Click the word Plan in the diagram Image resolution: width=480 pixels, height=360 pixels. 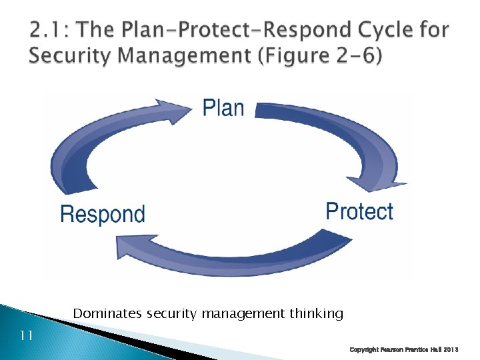coord(223,107)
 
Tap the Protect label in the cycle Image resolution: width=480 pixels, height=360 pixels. coord(359,212)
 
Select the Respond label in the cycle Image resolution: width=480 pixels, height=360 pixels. coord(102,215)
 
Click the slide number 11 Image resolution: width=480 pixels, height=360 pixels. coord(26,335)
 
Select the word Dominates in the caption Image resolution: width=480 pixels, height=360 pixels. coord(107,313)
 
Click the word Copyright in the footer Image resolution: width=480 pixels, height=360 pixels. coord(366,349)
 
